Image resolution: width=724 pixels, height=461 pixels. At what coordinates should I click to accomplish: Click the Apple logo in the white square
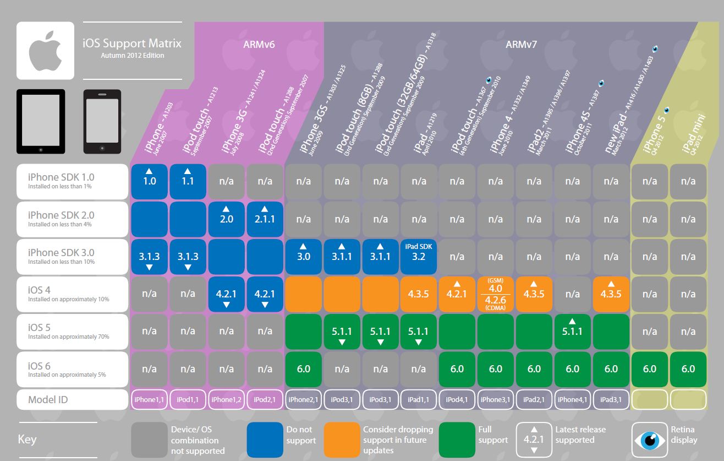[x=45, y=51]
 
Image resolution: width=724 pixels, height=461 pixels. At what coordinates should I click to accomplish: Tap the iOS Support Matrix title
[x=131, y=43]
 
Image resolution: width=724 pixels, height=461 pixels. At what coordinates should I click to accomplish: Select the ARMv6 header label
[x=259, y=45]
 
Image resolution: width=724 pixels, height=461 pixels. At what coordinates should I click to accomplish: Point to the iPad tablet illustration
[x=41, y=121]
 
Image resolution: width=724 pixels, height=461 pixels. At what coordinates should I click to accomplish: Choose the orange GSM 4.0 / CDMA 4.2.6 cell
[x=496, y=294]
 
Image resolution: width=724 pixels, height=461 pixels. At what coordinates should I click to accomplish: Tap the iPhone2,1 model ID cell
[x=303, y=399]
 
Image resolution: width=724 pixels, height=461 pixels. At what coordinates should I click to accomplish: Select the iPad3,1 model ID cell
[x=611, y=399]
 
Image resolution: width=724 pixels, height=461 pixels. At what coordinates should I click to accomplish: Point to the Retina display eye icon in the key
[x=650, y=440]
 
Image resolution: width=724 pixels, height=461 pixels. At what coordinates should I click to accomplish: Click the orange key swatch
[x=342, y=440]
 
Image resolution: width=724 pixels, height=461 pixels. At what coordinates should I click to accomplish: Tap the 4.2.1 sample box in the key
[x=534, y=440]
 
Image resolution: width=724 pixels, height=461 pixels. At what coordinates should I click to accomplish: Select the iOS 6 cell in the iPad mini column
[x=688, y=369]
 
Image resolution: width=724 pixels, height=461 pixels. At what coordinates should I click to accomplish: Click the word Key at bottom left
[x=27, y=440]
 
